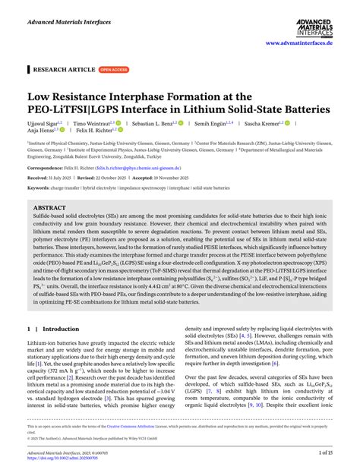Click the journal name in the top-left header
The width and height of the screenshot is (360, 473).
[69, 23]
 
